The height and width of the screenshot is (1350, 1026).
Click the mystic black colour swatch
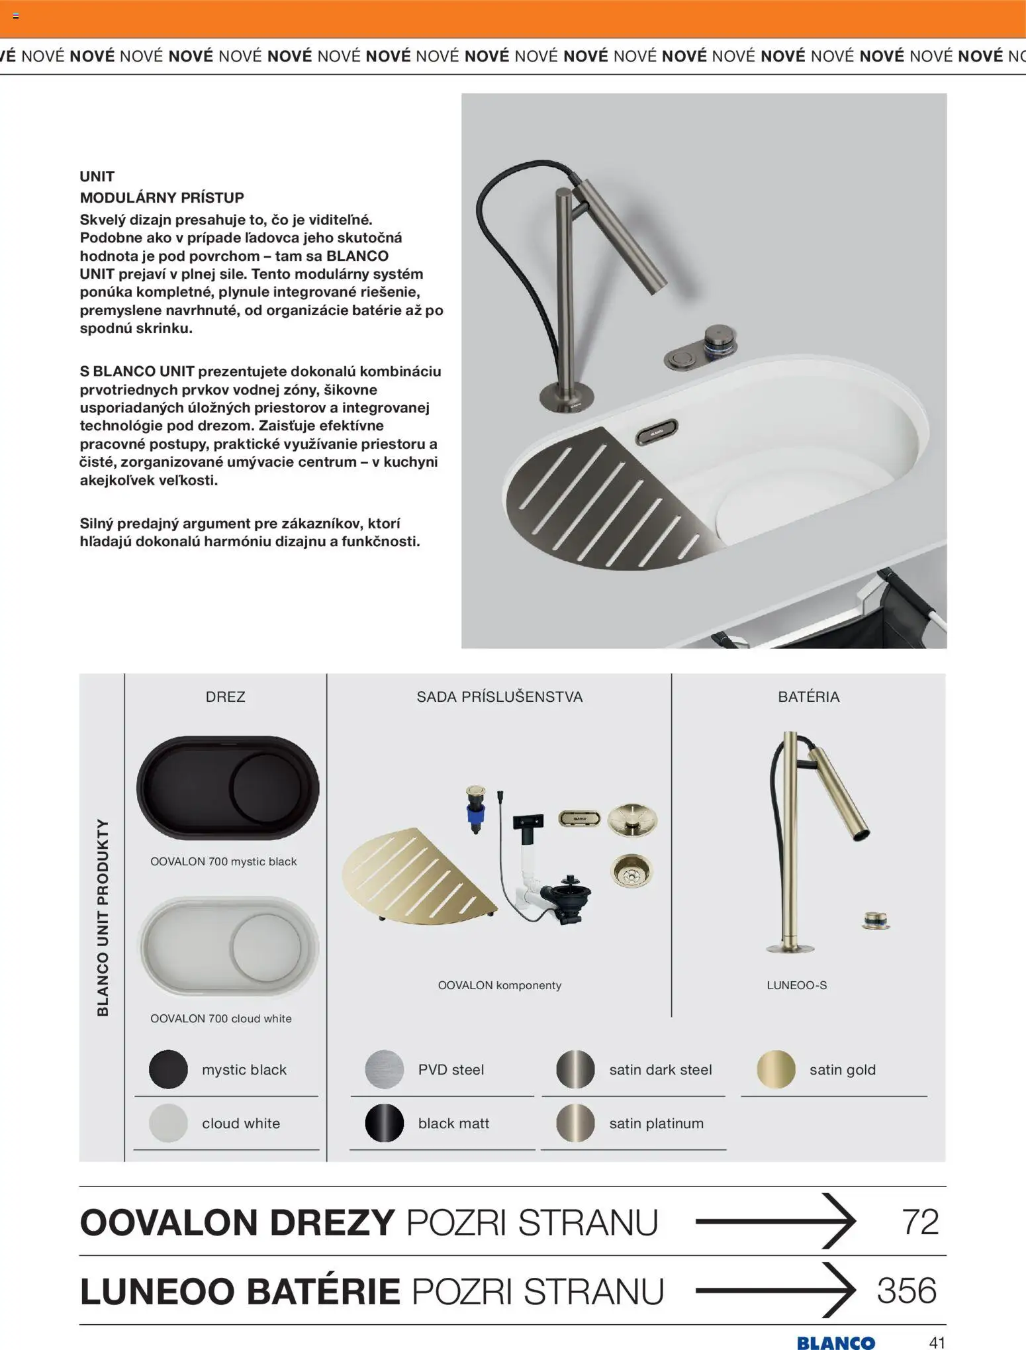pyautogui.click(x=168, y=1069)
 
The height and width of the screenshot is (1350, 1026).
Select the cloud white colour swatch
pyautogui.click(x=168, y=1123)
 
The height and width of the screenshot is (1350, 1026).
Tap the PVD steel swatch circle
pyautogui.click(x=384, y=1069)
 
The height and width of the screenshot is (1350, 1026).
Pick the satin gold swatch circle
pyautogui.click(x=776, y=1069)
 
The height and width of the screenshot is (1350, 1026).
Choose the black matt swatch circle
pyautogui.click(x=384, y=1123)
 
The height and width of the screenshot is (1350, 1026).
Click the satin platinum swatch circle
pyautogui.click(x=575, y=1123)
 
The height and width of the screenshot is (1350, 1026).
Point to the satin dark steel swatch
pyautogui.click(x=575, y=1069)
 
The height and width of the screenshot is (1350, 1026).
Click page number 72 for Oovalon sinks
pyautogui.click(x=920, y=1222)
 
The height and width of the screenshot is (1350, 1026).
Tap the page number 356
pyautogui.click(x=907, y=1290)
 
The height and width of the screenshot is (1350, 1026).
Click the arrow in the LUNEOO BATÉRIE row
pyautogui.click(x=775, y=1290)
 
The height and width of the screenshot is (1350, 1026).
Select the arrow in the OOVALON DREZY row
pyautogui.click(x=775, y=1222)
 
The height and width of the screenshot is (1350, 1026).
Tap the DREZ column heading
pyautogui.click(x=225, y=697)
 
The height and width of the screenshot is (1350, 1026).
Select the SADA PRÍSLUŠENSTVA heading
pyautogui.click(x=499, y=697)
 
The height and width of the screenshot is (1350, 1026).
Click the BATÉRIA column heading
pyautogui.click(x=808, y=697)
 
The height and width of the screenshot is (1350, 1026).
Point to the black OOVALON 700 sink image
pyautogui.click(x=228, y=788)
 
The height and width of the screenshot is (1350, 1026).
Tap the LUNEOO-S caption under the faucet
pyautogui.click(x=796, y=985)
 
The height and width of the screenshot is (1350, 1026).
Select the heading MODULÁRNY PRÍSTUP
pyautogui.click(x=162, y=197)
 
